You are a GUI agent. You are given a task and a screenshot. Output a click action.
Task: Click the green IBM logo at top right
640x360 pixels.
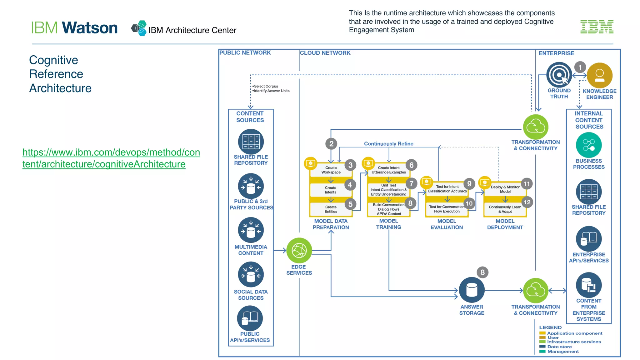[597, 27]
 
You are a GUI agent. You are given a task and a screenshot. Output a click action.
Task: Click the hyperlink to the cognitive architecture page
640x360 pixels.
[111, 158]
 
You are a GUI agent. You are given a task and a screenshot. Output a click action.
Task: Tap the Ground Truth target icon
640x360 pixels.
[559, 75]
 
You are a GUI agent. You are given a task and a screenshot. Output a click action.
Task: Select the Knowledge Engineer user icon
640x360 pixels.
[599, 75]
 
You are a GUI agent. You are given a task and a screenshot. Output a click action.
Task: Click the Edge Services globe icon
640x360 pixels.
[299, 250]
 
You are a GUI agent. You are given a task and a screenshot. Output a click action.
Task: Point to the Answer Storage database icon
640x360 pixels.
[472, 290]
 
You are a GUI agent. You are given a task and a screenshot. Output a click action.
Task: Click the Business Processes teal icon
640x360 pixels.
[588, 145]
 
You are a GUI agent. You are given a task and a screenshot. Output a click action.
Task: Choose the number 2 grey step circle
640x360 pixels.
[331, 144]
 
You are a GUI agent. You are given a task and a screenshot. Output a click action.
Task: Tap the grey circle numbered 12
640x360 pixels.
[527, 202]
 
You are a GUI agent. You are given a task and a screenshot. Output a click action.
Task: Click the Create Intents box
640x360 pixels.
[330, 190]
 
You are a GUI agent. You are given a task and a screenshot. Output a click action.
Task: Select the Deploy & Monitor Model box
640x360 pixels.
[505, 189]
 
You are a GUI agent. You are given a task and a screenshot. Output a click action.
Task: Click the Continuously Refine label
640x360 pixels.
[388, 144]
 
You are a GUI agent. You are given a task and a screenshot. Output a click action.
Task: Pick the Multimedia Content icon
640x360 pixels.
[251, 230]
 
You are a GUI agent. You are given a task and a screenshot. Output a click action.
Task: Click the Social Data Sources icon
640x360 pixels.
[251, 275]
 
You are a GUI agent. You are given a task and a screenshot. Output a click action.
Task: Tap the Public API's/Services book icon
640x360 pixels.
[250, 318]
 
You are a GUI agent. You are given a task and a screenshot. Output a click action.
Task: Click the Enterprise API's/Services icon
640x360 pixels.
[588, 239]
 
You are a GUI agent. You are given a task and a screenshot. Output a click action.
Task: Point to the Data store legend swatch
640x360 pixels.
[542, 347]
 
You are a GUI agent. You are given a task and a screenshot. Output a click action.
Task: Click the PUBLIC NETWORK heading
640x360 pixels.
[245, 53]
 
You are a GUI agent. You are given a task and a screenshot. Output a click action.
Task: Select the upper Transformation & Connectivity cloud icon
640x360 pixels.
[536, 127]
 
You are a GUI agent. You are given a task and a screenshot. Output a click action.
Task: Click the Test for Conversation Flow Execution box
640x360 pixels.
[447, 209]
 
